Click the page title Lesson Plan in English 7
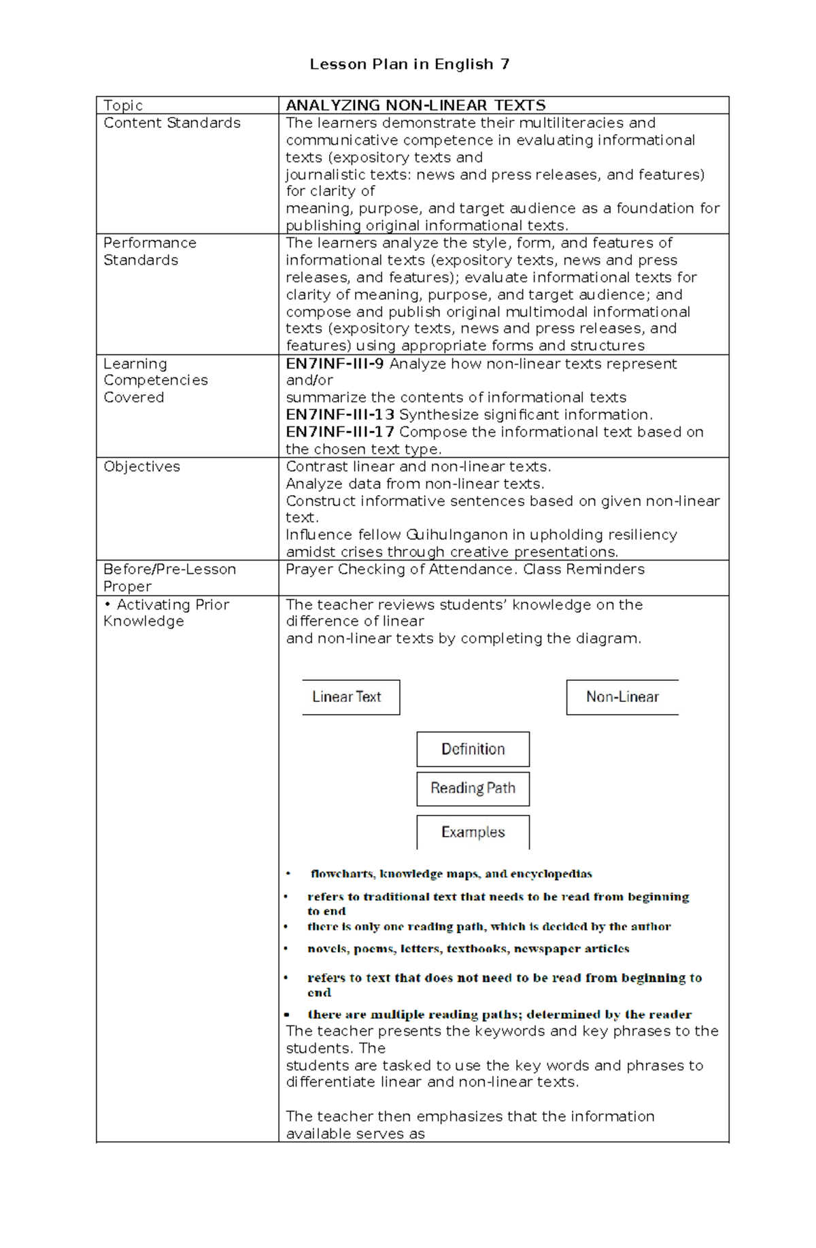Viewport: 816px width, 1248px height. point(409,65)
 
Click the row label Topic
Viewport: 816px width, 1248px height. point(123,105)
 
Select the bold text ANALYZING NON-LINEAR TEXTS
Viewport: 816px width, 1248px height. point(415,105)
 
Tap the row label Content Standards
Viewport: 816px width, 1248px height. point(172,123)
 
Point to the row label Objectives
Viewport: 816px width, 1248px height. point(141,467)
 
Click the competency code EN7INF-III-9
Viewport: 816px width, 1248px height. point(335,364)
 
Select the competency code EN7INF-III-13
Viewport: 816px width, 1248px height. point(339,415)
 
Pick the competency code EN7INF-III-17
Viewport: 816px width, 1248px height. point(339,432)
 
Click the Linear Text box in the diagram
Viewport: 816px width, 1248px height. point(350,697)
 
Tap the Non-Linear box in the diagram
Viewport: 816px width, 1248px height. point(622,697)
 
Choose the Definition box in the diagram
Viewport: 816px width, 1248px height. point(473,749)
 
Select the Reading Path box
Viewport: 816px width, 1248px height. point(473,788)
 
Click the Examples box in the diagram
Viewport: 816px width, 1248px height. point(473,832)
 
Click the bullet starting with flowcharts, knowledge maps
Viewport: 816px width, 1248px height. point(451,874)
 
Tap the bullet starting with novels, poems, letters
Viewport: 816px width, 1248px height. point(468,949)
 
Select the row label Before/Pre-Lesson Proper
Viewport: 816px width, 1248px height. point(169,577)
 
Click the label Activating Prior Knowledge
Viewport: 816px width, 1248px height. point(167,613)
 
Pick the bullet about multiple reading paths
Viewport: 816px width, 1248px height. point(499,1015)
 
